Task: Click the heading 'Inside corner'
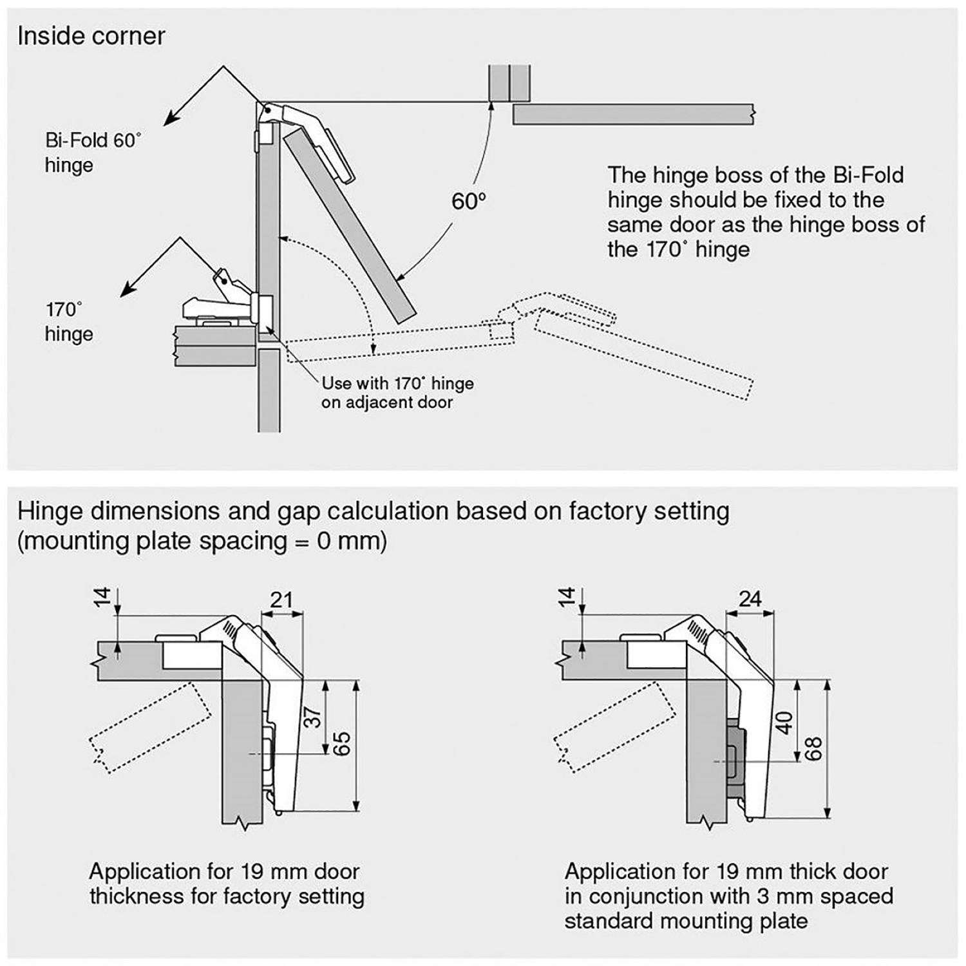(91, 36)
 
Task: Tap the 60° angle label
(468, 202)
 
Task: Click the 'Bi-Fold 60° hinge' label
(92, 153)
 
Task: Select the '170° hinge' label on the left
(69, 321)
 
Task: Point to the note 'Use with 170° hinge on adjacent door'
(397, 393)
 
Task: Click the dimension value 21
(281, 600)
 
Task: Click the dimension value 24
(750, 599)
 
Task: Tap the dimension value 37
(312, 717)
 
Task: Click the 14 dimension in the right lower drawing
(565, 598)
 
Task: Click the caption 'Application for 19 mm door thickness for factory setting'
(227, 884)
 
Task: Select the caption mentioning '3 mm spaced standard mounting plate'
(728, 896)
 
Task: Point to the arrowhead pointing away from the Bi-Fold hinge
(169, 120)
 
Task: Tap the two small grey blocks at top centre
(509, 82)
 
